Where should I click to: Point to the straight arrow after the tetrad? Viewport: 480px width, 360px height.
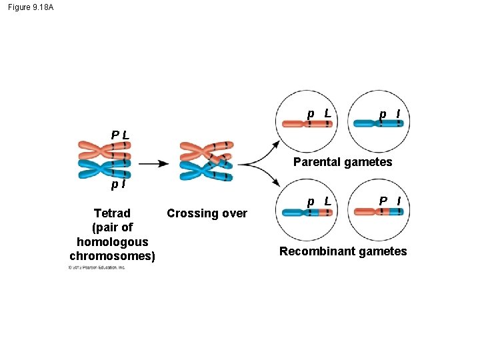tap(153, 163)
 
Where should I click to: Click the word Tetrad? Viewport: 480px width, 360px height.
tap(112, 213)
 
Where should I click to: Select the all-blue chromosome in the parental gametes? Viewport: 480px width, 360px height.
tap(377, 123)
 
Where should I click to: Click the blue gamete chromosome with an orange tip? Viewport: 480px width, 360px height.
tap(307, 213)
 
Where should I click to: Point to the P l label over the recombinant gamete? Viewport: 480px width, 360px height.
tap(389, 201)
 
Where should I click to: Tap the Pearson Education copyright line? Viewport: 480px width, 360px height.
tap(97, 267)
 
